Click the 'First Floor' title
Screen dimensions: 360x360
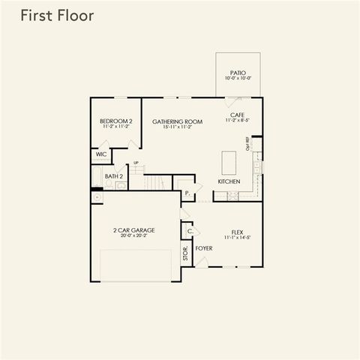(57, 16)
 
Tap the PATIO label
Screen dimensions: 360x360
(238, 72)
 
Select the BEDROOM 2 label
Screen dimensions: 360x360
(115, 121)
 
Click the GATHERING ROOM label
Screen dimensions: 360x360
(178, 121)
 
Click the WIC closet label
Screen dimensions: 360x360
(101, 154)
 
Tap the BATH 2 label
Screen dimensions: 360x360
(114, 177)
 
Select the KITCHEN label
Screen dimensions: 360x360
(229, 182)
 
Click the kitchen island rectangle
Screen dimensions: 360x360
(229, 162)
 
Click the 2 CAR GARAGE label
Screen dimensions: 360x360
(134, 230)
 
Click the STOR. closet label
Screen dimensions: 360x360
(184, 253)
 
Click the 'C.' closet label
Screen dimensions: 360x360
(189, 231)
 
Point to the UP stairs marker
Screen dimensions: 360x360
(136, 163)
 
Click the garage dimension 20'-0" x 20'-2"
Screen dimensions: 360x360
(134, 236)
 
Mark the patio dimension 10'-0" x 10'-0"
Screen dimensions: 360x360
(238, 78)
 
